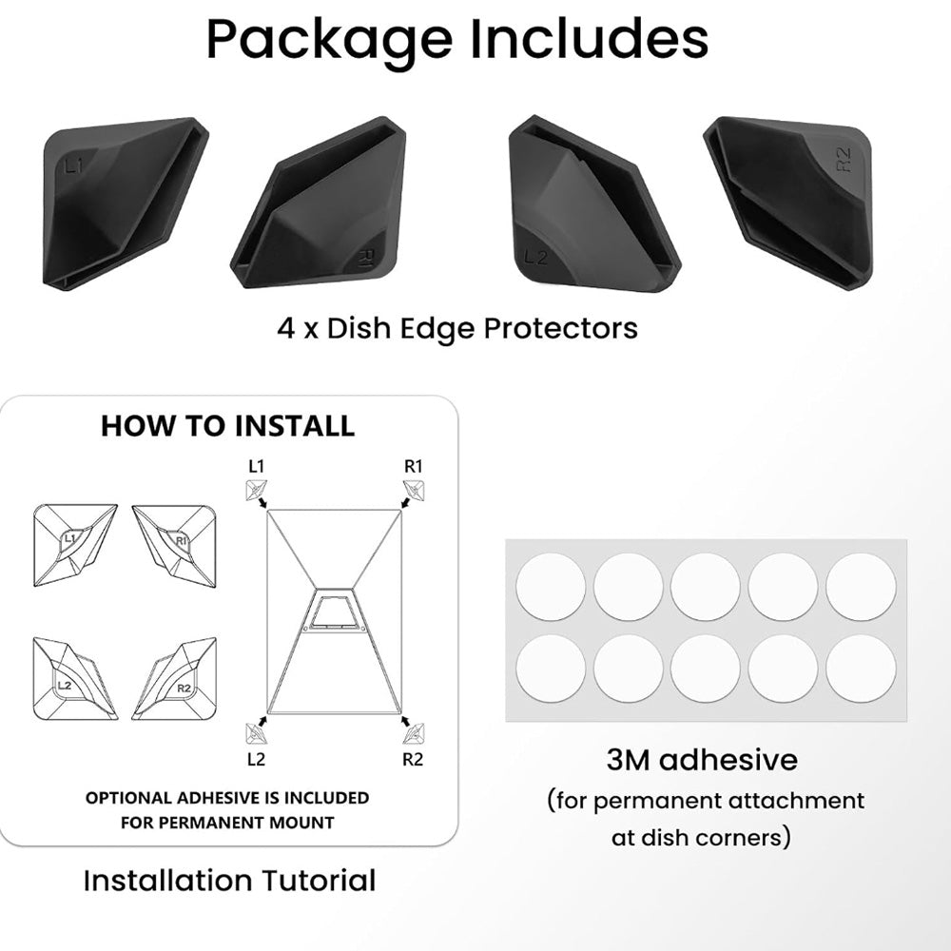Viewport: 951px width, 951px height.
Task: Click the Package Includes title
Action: pyautogui.click(x=456, y=40)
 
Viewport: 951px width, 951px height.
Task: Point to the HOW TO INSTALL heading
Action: pyautogui.click(x=228, y=426)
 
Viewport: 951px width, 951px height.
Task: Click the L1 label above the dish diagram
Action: pyautogui.click(x=257, y=467)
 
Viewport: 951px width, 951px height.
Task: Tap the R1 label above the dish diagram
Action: pyautogui.click(x=413, y=467)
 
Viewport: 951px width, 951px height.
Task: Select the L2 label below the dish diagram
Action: pyautogui.click(x=256, y=759)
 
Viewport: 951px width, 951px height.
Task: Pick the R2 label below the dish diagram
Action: pyautogui.click(x=413, y=759)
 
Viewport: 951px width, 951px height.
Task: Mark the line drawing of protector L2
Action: pyautogui.click(x=73, y=678)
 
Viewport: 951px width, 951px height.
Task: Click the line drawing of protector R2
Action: pyautogui.click(x=175, y=678)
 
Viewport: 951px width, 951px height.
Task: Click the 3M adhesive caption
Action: pyautogui.click(x=702, y=760)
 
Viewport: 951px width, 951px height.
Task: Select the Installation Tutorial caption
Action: pyautogui.click(x=229, y=881)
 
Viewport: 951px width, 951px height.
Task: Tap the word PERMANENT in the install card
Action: pyautogui.click(x=209, y=822)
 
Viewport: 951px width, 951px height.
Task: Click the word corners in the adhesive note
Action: pyautogui.click(x=751, y=838)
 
